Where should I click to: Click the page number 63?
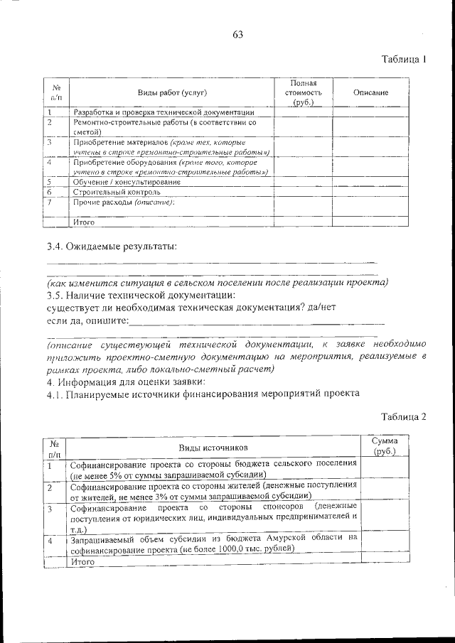(x=237, y=34)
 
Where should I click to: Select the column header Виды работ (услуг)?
(x=172, y=93)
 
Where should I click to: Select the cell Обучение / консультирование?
(x=126, y=182)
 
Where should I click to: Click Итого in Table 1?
(x=84, y=222)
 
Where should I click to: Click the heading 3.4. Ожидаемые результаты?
(x=112, y=247)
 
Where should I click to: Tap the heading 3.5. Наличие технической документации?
(x=141, y=295)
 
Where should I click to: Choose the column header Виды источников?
(x=214, y=448)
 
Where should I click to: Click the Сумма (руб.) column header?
(x=385, y=447)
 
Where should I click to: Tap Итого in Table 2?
(x=82, y=561)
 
